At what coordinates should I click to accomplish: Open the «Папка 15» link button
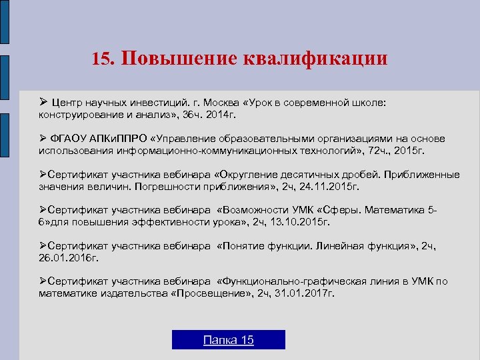click(x=228, y=340)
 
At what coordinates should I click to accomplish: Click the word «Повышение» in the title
click(x=175, y=58)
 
